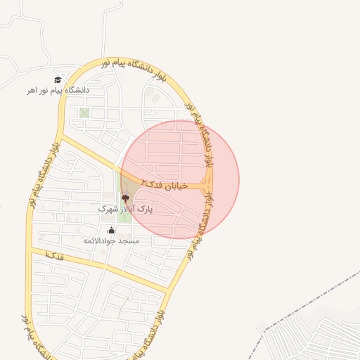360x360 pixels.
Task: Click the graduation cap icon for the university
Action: pyautogui.click(x=57, y=79)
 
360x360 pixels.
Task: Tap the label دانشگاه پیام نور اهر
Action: pyautogui.click(x=56, y=90)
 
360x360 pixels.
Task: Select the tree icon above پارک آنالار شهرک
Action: pyautogui.click(x=126, y=199)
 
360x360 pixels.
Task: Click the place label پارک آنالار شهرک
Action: pyautogui.click(x=125, y=210)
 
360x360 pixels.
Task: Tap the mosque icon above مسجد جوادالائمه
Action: pyautogui.click(x=111, y=230)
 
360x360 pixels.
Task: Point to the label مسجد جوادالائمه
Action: pyautogui.click(x=111, y=240)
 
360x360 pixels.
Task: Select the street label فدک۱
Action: pyautogui.click(x=54, y=256)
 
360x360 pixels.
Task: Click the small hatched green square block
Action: pyautogui.click(x=85, y=113)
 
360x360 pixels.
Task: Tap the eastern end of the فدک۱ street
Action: pyautogui.click(x=167, y=289)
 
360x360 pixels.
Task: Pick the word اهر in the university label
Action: pyautogui.click(x=32, y=91)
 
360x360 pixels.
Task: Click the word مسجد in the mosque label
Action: pyautogui.click(x=130, y=240)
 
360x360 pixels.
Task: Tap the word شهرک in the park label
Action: pyautogui.click(x=106, y=210)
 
